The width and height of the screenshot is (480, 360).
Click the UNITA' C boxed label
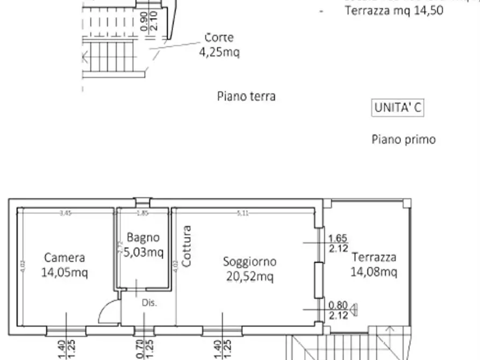[x=398, y=107]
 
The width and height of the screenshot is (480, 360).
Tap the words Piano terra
[x=246, y=96]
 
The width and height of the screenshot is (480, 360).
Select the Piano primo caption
[x=403, y=139]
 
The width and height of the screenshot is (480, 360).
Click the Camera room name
[x=65, y=258]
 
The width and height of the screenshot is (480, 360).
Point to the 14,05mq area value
[x=65, y=272]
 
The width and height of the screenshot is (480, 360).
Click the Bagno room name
[x=143, y=237]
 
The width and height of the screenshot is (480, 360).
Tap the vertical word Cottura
[x=186, y=246]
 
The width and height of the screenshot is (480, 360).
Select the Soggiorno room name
[x=249, y=262]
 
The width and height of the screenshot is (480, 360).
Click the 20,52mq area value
[x=249, y=276]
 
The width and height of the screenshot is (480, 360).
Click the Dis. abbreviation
[x=149, y=303]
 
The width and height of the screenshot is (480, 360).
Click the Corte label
[x=219, y=38]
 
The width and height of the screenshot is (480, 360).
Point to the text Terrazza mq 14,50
[x=393, y=10]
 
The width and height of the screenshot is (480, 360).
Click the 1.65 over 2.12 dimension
[x=338, y=243]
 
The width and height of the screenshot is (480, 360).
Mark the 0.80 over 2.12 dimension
[x=338, y=310]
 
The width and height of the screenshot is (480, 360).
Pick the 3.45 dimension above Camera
[x=65, y=213]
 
